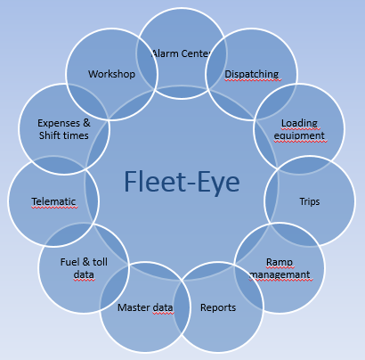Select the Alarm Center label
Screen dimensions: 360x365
pos(181,53)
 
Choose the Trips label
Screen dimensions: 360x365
pos(310,200)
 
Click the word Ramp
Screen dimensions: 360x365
pos(280,263)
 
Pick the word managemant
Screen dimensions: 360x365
pos(280,275)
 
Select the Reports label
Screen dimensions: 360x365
pos(218,308)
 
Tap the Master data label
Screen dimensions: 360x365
pos(145,308)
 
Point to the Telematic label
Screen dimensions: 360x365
pos(52,201)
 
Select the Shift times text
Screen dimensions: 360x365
pos(64,136)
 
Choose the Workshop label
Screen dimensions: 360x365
pos(111,74)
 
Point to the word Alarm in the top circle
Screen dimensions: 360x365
pos(166,53)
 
